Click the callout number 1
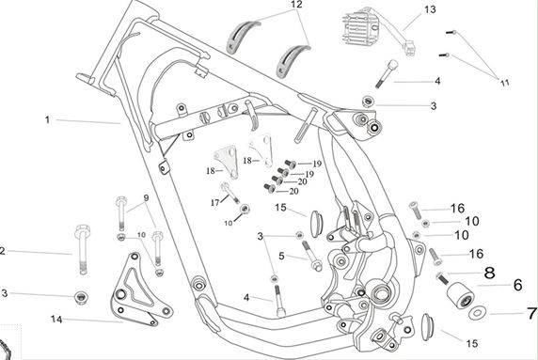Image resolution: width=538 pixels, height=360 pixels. pos(47,120)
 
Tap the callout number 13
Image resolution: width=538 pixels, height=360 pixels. pos(430,9)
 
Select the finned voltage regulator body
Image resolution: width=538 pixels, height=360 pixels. pos(357,29)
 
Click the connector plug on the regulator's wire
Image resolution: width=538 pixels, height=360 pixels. pos(410,48)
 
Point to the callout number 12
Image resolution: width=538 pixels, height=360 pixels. pos(296,5)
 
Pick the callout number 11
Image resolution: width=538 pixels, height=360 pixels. pos(505,83)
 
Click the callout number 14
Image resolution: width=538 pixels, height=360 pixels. pos(56,320)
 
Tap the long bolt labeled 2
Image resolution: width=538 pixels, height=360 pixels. pos(83,249)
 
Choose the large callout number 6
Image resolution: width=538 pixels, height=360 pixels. pos(517,285)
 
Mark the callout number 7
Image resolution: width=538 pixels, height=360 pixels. pos(531,313)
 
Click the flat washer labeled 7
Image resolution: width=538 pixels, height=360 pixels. pos(477,312)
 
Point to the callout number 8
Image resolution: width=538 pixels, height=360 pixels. pos(490,273)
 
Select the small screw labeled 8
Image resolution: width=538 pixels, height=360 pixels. pos(441,277)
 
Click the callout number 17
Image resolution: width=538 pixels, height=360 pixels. pos(214,203)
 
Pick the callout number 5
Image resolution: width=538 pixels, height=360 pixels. pos(281,256)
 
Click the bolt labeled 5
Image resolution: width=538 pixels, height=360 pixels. pos(311,256)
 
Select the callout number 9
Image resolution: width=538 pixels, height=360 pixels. pos(146,197)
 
